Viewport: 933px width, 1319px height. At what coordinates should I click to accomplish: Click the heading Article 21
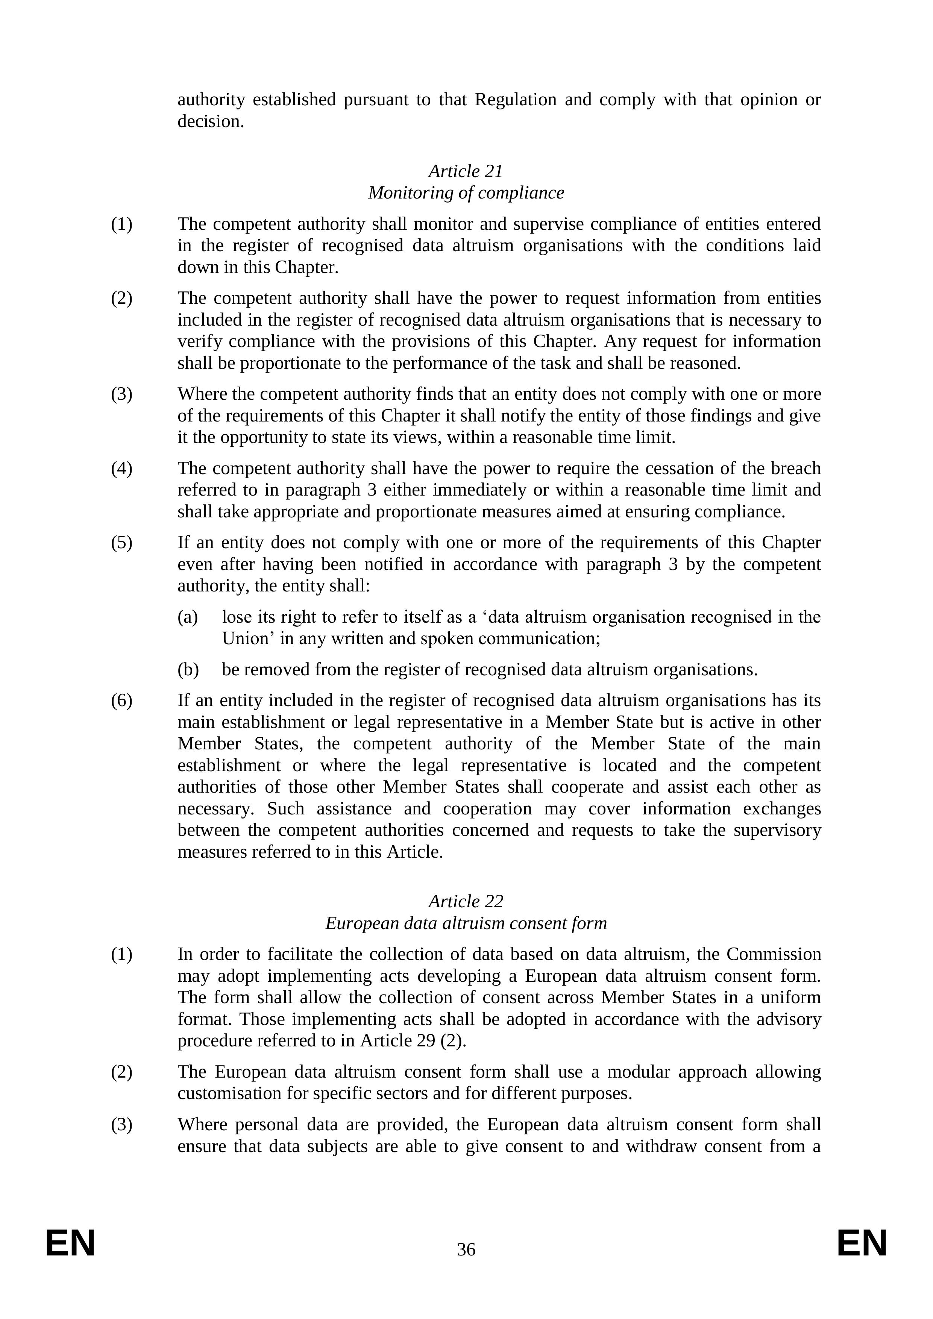(466, 171)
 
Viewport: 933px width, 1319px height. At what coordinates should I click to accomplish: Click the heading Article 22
(466, 901)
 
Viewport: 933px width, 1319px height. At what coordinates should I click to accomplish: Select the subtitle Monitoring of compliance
(466, 193)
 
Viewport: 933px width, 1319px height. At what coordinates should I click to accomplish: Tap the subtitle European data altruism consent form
(466, 923)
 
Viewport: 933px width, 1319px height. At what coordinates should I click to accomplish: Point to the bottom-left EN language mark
(70, 1244)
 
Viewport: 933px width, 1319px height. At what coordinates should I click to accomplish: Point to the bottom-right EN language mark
(862, 1244)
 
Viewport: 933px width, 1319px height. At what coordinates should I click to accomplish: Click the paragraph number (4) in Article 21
(121, 469)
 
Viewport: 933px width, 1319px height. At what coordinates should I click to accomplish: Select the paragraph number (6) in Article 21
(121, 701)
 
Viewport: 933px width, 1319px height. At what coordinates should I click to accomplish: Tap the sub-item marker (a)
(188, 617)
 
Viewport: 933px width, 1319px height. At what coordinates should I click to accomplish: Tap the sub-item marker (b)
(188, 670)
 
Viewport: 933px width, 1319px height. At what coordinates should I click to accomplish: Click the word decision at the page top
(210, 122)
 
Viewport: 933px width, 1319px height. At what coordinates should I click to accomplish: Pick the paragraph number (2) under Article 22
(121, 1072)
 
